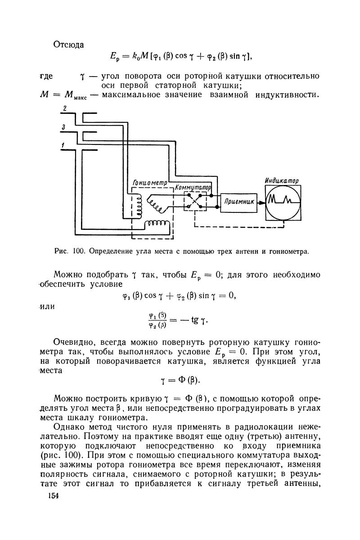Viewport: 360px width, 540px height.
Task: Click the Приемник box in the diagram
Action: pyautogui.click(x=238, y=203)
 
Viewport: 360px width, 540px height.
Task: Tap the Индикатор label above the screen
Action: pyautogui.click(x=283, y=180)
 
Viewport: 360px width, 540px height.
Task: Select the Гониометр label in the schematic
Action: pyautogui.click(x=149, y=183)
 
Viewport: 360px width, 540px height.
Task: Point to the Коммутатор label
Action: pyautogui.click(x=193, y=186)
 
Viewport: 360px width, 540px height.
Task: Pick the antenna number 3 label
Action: pyautogui.click(x=65, y=128)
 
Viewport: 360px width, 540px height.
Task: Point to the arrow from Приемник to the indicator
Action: pyautogui.click(x=260, y=203)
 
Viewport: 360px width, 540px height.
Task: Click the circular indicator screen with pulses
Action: pyautogui.click(x=283, y=203)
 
